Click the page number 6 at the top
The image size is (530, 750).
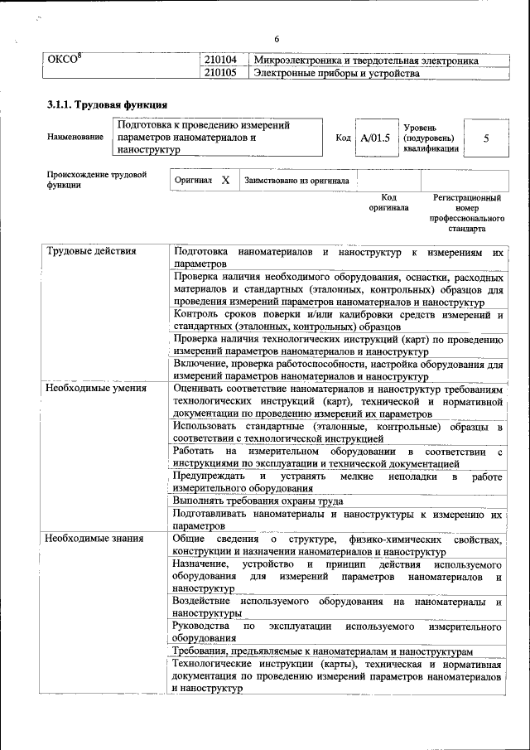tap(277, 40)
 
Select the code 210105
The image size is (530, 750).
tap(220, 74)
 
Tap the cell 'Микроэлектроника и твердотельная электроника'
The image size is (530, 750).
tap(366, 61)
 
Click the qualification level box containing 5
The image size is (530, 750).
tap(485, 138)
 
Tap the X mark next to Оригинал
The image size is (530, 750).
tap(224, 179)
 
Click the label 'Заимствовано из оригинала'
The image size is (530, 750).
tap(296, 180)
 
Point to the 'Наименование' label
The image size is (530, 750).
tap(75, 138)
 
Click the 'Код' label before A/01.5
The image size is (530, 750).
tap(343, 138)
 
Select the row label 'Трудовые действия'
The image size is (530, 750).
tap(91, 251)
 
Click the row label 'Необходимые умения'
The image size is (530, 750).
tap(96, 387)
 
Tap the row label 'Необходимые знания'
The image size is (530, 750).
tap(95, 539)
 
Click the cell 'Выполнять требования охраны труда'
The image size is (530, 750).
tap(258, 501)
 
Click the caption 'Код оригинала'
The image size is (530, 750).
tap(389, 203)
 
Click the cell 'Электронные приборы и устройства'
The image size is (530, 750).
tap(336, 74)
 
